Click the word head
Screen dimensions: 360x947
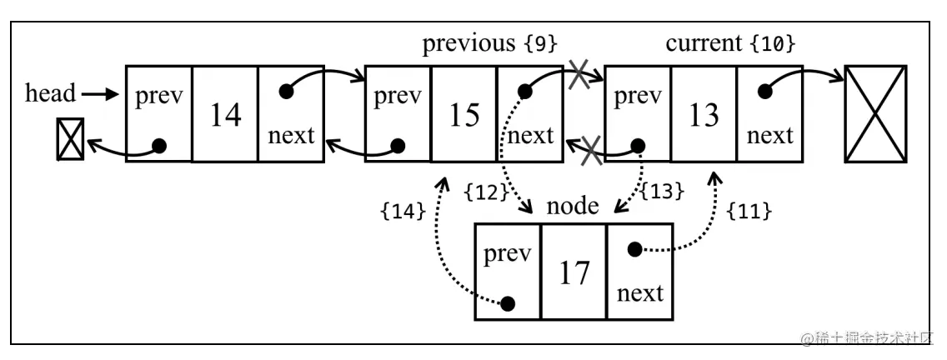pos(50,93)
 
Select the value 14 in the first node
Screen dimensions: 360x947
pos(225,115)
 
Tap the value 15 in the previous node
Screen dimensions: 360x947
pos(463,115)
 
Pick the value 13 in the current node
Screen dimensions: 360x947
pos(704,115)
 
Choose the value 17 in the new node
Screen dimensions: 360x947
pos(574,272)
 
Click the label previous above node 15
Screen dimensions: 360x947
pos(469,43)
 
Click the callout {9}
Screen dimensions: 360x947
pos(540,44)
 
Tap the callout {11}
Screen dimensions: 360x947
pos(749,212)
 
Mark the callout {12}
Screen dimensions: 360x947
pos(488,192)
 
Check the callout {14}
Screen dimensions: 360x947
pos(403,212)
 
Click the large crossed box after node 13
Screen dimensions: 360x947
pos(874,114)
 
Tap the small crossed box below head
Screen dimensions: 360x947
pos(68,138)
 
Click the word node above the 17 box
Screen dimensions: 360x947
pos(572,207)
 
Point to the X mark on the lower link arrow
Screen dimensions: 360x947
pos(591,151)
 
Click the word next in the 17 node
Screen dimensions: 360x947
pos(640,293)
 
